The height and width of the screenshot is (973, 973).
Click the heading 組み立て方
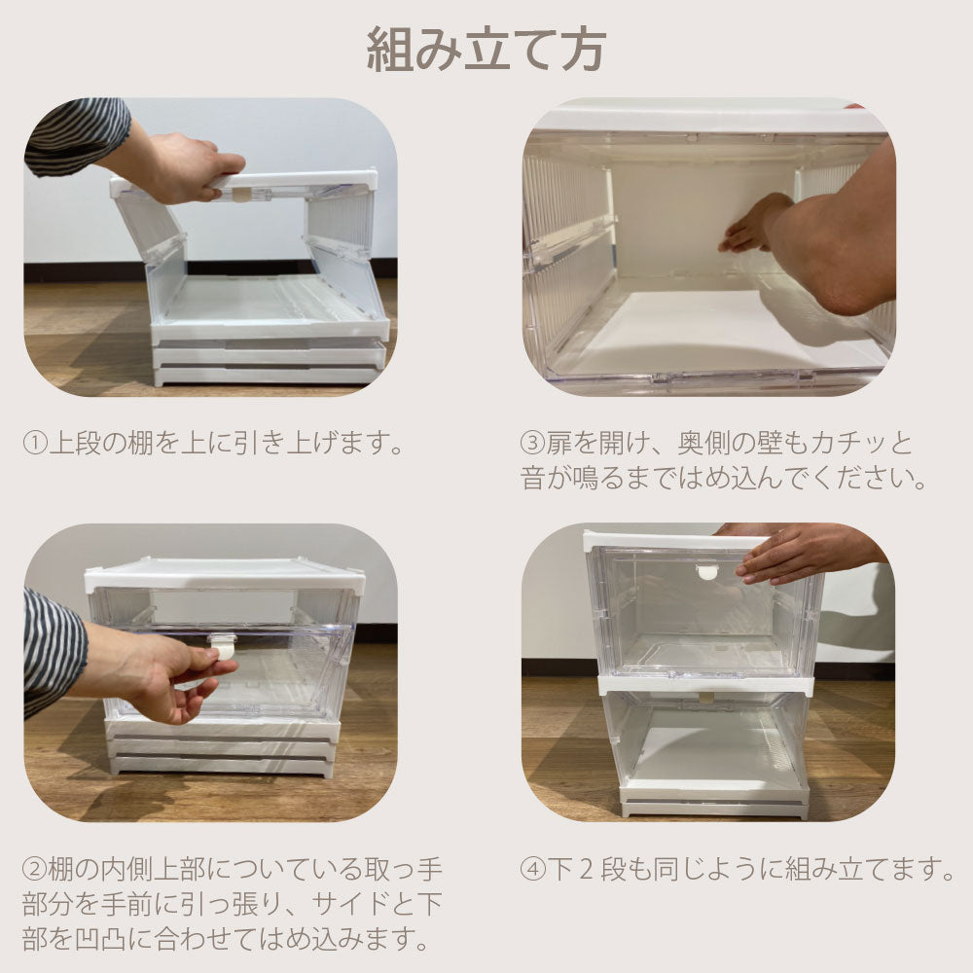(486, 48)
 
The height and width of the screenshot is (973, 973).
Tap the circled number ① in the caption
(35, 445)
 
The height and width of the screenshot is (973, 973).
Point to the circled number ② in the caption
(35, 867)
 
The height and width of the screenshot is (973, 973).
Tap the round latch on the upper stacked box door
(707, 571)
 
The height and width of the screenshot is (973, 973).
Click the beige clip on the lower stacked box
(707, 696)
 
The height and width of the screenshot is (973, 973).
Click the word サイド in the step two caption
(350, 904)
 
